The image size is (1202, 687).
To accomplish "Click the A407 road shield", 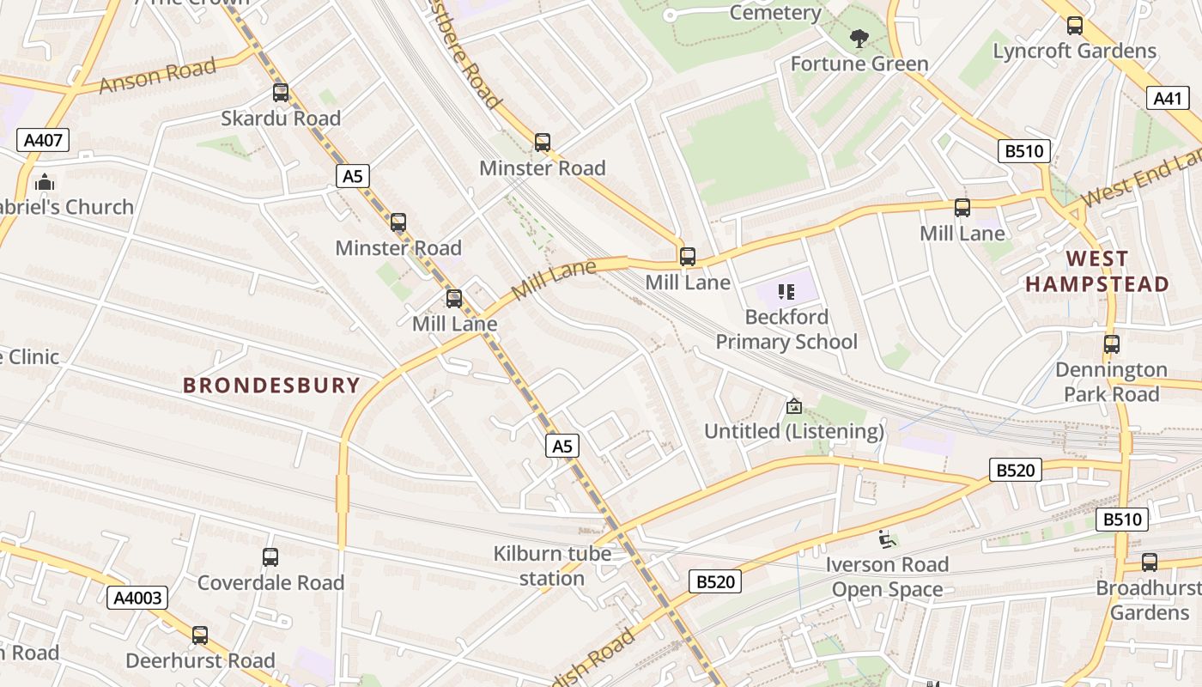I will (42, 140).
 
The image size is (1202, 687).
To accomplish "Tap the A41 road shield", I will (1168, 98).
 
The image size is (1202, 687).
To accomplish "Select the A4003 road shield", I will (137, 598).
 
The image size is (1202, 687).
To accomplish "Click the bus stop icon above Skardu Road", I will (281, 93).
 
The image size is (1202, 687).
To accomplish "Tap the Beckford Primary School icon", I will (786, 292).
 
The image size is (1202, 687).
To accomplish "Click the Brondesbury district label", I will (271, 385).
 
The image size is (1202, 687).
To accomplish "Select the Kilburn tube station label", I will (552, 566).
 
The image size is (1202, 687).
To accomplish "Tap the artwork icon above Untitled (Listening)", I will (794, 406).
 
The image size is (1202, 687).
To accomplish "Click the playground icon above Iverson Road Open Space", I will (887, 539).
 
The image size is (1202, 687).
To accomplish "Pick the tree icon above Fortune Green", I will (858, 39).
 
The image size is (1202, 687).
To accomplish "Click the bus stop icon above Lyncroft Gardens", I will (1074, 26).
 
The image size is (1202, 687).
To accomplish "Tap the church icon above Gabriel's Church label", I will (44, 182).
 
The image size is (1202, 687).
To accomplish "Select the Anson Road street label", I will (156, 76).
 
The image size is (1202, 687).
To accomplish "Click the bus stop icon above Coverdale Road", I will (270, 557).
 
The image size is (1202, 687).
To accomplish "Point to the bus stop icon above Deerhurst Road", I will (200, 635).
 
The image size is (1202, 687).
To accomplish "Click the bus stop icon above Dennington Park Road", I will (1112, 344).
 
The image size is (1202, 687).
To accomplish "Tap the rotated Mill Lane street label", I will (553, 281).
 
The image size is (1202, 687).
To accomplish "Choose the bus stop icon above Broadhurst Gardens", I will (1150, 562).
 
